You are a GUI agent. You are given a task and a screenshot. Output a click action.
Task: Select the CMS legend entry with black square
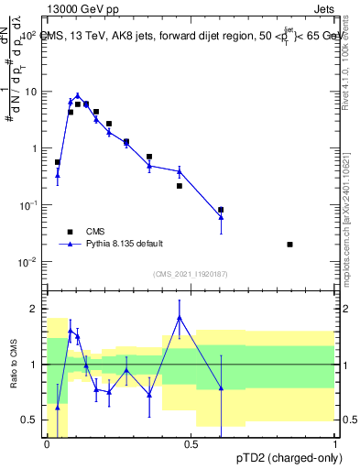point(69,231)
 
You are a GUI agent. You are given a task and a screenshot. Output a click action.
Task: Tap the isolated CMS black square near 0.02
point(290,245)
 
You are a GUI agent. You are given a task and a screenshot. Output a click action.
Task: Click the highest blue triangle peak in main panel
point(78,95)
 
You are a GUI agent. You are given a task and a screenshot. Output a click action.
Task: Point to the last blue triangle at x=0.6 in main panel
point(221,216)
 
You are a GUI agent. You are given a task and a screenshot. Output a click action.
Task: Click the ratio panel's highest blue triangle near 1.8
point(180,317)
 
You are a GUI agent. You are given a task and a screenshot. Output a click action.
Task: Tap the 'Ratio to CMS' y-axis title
point(14,364)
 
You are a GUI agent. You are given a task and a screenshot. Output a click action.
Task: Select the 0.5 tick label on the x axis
point(191,444)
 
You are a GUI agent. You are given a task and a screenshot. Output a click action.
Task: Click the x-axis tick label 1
point(335,444)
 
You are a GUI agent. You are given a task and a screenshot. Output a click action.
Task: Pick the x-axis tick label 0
point(47,444)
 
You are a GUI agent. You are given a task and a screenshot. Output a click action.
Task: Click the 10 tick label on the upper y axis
point(30,92)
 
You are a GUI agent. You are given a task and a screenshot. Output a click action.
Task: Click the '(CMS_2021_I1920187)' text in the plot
point(191,274)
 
